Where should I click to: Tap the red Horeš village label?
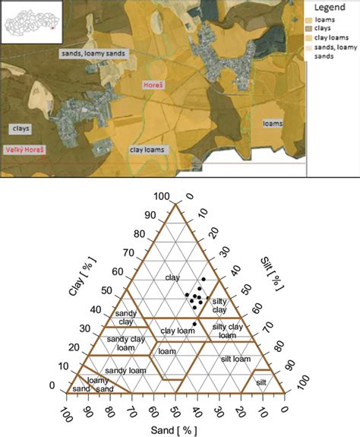click(x=153, y=87)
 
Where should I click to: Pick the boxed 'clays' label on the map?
click(x=21, y=128)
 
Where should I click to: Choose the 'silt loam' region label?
click(x=235, y=357)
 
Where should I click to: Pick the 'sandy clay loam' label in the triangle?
click(x=125, y=343)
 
